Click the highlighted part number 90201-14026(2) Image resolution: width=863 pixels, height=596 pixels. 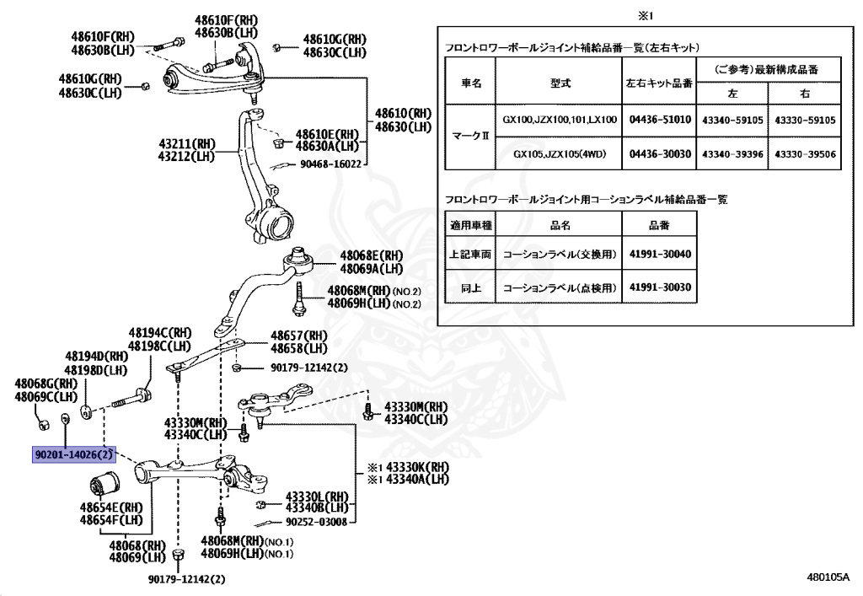[x=73, y=454]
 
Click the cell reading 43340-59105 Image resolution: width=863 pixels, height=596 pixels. [x=732, y=121]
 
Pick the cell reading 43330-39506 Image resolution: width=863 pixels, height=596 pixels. [x=805, y=154]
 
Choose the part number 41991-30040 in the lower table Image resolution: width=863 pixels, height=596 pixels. [x=659, y=252]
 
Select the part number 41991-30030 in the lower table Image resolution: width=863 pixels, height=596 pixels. [x=659, y=287]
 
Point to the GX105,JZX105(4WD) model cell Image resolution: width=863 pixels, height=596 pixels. [x=560, y=154]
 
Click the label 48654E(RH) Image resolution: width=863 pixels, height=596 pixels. [x=110, y=508]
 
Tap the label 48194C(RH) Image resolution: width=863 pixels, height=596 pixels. [x=160, y=334]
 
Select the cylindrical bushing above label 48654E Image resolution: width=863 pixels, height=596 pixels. [x=105, y=487]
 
